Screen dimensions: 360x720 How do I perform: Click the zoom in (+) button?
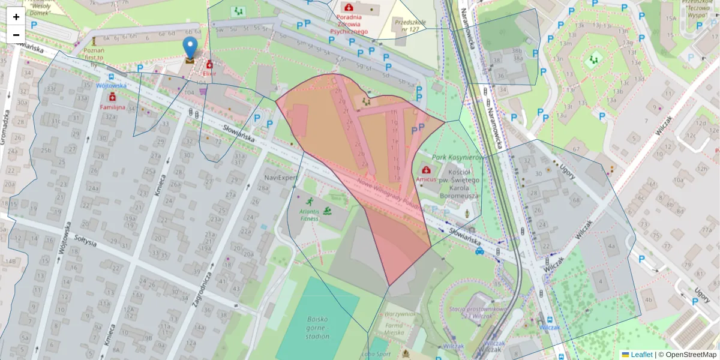point(16,17)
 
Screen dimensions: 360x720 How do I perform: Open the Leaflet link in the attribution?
point(641,355)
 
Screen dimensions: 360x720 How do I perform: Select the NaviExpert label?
point(280,178)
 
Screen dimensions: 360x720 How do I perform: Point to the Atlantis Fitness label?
point(310,214)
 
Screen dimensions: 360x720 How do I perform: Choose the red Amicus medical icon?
point(427,170)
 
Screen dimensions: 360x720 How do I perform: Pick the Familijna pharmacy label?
point(112,107)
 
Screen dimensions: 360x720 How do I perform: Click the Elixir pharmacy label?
point(209,74)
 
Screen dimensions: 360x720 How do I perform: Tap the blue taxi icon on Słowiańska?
point(479,251)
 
